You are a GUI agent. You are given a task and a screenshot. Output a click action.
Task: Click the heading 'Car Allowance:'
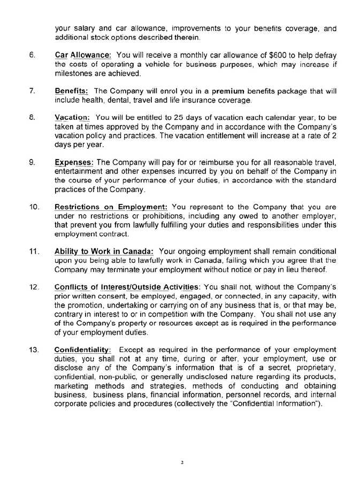point(83,55)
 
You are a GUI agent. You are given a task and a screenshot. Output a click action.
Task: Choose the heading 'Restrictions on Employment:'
point(111,206)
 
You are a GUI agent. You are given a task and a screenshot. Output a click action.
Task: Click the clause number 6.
point(32,55)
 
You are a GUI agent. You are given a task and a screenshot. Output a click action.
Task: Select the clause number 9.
point(32,162)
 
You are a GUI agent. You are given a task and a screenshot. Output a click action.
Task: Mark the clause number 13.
point(33,349)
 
